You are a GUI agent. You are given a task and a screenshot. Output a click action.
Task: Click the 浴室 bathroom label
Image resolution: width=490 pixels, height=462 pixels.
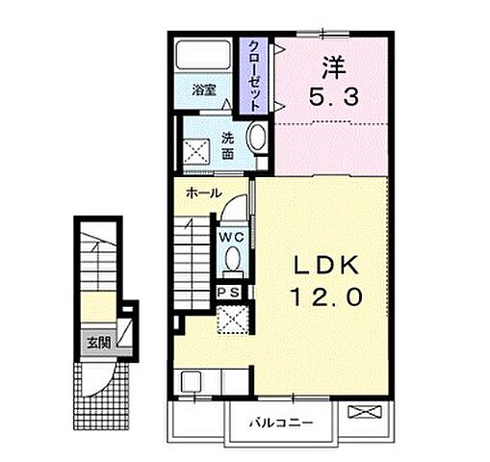click(x=204, y=90)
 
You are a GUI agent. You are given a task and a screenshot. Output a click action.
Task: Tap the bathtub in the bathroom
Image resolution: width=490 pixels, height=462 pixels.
click(x=204, y=54)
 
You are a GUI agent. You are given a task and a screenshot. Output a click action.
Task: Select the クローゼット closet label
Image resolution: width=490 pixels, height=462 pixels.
click(x=254, y=76)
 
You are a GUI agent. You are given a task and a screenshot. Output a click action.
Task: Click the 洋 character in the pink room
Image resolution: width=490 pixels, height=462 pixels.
click(x=334, y=67)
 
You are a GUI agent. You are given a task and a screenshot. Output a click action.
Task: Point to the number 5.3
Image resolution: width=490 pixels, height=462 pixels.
click(x=334, y=97)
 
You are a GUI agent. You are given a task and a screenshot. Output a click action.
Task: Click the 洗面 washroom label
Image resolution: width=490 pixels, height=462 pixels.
click(x=227, y=146)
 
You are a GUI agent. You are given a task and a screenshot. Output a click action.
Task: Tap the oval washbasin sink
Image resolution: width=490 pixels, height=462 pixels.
click(x=257, y=138)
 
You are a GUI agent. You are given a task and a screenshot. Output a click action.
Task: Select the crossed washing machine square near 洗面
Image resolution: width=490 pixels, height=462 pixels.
click(x=196, y=151)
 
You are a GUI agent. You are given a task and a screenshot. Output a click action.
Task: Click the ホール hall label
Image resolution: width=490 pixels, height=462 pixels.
click(x=204, y=192)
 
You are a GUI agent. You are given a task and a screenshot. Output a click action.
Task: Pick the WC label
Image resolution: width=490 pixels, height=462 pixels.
click(x=232, y=238)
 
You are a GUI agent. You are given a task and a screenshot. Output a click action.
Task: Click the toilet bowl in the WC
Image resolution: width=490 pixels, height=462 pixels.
click(x=233, y=260)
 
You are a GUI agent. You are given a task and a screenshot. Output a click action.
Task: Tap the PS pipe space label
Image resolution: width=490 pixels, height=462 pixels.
click(x=228, y=293)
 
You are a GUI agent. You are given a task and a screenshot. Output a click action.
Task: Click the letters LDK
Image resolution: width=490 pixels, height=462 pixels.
click(x=326, y=266)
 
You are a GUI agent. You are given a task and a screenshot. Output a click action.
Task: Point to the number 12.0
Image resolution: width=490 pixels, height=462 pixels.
click(x=326, y=296)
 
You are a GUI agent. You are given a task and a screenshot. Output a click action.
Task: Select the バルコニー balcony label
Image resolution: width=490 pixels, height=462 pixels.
click(x=281, y=423)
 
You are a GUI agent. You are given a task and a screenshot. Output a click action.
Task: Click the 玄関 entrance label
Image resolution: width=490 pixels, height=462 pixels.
click(x=99, y=343)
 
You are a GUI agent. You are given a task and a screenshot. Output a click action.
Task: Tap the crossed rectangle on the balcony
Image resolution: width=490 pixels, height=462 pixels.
click(x=365, y=412)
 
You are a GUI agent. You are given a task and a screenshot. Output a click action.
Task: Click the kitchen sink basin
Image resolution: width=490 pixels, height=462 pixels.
click(x=191, y=382)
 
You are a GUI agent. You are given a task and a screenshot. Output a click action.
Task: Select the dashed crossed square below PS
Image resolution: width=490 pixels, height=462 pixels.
click(x=232, y=320)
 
